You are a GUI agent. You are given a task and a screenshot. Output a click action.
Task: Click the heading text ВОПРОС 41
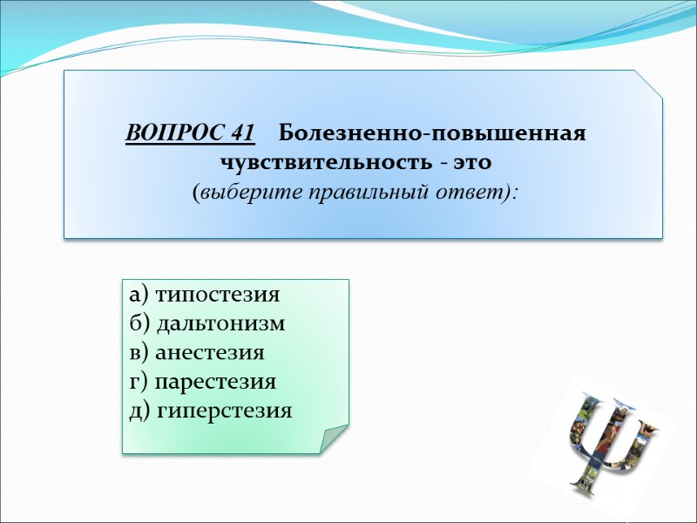click(191, 135)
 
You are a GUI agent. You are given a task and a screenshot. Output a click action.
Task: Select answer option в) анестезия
click(196, 352)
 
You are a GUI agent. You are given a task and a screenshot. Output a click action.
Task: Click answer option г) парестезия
click(202, 381)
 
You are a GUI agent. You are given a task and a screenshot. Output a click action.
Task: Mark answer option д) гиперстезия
click(210, 410)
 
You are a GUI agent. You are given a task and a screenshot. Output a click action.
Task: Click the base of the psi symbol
click(585, 479)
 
